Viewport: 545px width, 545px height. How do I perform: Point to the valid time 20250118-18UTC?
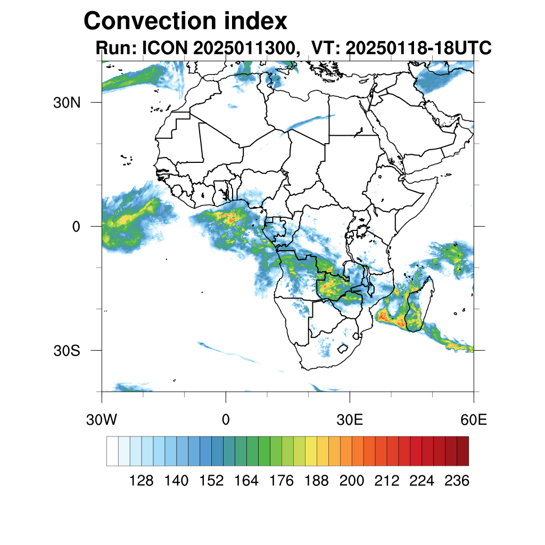pos(418,48)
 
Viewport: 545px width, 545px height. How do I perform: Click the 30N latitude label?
pos(66,102)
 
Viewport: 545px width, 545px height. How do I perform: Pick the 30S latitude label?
pos(66,351)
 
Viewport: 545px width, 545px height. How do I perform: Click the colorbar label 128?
pos(142,481)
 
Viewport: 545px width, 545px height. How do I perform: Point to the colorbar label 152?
pos(211,481)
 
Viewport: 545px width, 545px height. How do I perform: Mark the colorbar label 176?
pos(282,481)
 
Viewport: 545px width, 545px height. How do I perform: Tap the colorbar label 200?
pos(352,481)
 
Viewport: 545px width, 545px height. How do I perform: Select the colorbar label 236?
pos(457,481)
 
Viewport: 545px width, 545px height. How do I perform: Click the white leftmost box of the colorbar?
pos(112,451)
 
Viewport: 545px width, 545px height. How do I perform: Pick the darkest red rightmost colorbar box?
pos(463,451)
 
